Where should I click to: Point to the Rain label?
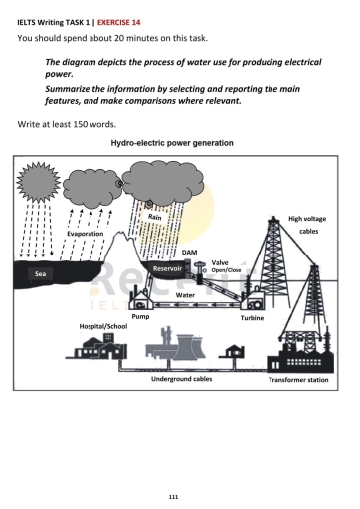pos(154,216)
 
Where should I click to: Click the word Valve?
pos(220,262)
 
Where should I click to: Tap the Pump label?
pos(141,316)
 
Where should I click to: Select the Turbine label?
pos(252,317)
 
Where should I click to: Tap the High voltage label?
pos(306,218)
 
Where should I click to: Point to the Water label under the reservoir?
pos(184,294)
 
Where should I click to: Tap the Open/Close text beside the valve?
pos(226,270)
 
